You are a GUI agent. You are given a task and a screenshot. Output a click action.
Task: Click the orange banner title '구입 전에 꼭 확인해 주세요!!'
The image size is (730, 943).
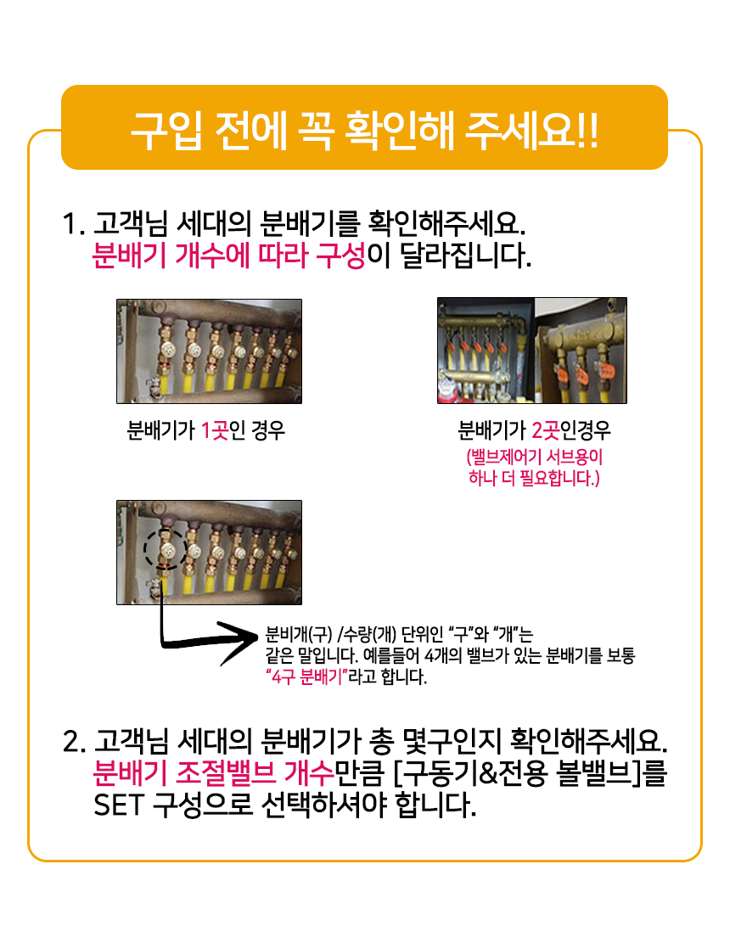(x=364, y=129)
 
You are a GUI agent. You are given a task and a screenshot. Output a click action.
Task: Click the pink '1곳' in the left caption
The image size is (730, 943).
(x=214, y=430)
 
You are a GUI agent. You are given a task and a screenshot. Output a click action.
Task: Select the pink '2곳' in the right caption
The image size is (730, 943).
(x=546, y=430)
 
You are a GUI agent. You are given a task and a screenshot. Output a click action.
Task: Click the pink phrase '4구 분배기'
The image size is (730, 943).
(x=307, y=677)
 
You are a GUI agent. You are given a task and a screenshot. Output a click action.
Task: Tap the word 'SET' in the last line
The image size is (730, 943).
(x=119, y=805)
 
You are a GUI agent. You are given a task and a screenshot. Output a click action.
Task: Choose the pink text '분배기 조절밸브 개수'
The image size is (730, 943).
(x=213, y=773)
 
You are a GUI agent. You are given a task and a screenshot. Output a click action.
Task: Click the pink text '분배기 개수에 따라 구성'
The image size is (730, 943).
(x=228, y=255)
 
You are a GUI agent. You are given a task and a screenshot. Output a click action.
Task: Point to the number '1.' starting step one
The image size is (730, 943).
(x=73, y=224)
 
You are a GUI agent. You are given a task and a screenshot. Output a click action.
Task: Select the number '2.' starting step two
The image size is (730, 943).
(x=75, y=742)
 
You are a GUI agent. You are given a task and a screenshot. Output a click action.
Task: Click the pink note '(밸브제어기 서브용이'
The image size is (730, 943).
(x=535, y=457)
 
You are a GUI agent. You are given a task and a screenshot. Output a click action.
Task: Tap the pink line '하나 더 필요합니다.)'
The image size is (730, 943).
(x=534, y=479)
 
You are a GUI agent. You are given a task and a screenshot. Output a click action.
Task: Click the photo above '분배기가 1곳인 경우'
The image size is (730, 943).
(x=210, y=351)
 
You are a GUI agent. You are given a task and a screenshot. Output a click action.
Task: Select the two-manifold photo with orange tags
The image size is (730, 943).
(x=532, y=351)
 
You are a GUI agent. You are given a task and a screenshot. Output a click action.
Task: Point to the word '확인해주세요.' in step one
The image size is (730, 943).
(x=446, y=224)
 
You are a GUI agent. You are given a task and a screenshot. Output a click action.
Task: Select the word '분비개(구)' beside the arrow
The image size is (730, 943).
(x=299, y=635)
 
